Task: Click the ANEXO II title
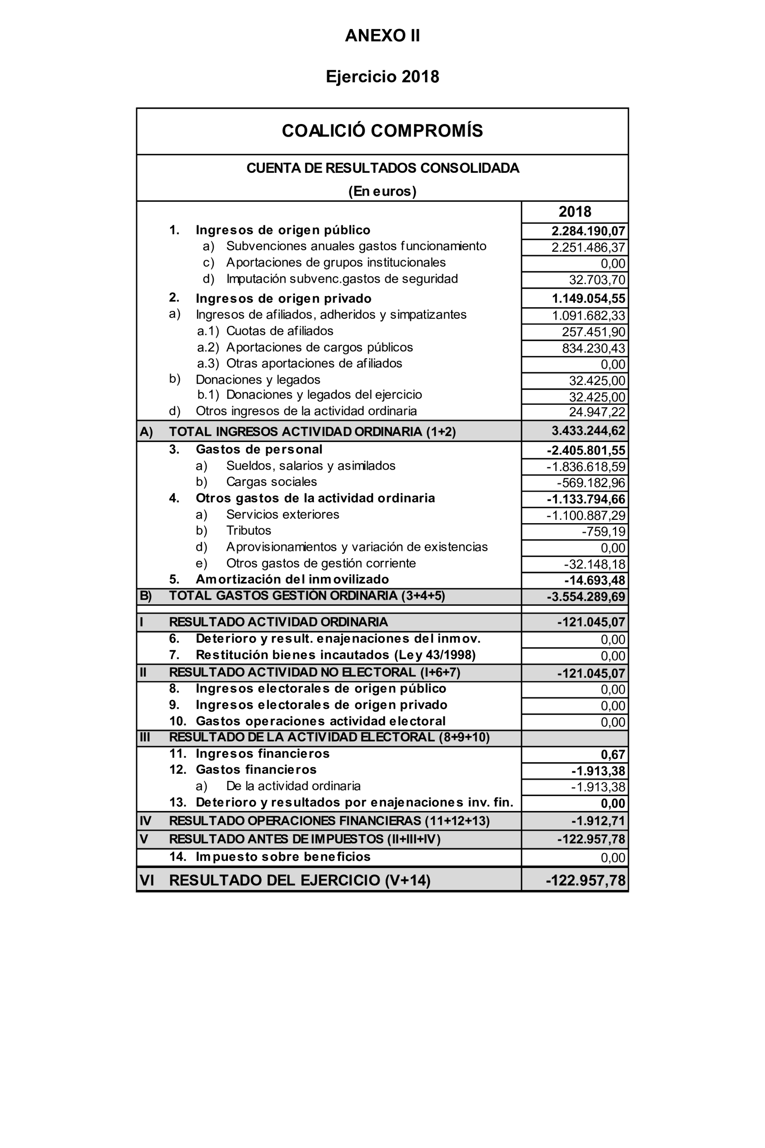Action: pos(382,36)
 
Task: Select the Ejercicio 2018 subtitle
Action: pos(382,77)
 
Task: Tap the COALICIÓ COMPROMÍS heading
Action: pos(382,131)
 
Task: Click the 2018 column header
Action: pos(574,212)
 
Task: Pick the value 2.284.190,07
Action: pos(588,231)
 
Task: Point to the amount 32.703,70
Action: pos(597,280)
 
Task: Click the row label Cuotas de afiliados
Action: pos(279,331)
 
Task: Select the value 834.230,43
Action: pos(593,348)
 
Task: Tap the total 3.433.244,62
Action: pos(588,431)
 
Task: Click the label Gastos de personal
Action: pos(258,450)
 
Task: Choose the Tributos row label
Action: pos(249,530)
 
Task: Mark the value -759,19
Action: pos(603,532)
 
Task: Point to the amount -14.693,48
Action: pos(594,581)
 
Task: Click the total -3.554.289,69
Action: pos(586,597)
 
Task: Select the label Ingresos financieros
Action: pos(263,754)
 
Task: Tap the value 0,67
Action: pos(613,755)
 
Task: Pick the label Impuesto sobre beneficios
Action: pos(283,857)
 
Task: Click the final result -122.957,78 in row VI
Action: pos(586,880)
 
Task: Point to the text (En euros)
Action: pos(382,191)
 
